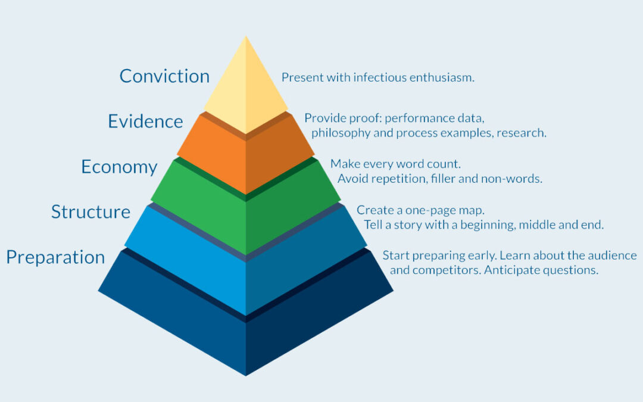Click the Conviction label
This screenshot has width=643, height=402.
[x=164, y=76]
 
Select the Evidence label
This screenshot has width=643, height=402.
[x=145, y=121]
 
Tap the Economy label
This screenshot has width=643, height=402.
[x=119, y=167]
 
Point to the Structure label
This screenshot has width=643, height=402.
[x=90, y=211]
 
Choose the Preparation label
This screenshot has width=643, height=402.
[x=55, y=258]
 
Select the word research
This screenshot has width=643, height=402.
[x=521, y=133]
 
